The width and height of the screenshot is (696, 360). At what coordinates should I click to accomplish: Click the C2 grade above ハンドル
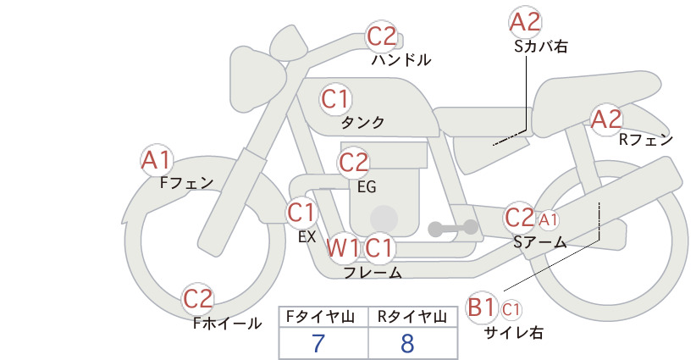[x=382, y=36]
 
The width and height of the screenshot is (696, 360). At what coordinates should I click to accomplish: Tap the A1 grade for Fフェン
[x=157, y=159]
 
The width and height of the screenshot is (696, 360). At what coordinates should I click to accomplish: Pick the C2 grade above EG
[x=354, y=161]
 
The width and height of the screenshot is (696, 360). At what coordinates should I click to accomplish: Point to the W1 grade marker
[x=343, y=248]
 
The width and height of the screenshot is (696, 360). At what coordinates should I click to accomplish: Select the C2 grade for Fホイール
[x=199, y=299]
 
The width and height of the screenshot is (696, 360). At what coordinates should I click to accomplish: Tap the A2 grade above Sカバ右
[x=526, y=22]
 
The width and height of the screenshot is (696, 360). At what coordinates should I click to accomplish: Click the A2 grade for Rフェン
[x=606, y=119]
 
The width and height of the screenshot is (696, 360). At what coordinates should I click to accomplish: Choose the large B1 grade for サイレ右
[x=482, y=306]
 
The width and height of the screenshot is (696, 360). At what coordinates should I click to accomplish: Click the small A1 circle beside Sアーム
[x=549, y=219]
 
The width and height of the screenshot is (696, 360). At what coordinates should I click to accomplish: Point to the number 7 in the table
[x=318, y=344]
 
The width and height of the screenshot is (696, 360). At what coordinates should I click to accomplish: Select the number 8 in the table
[x=408, y=344]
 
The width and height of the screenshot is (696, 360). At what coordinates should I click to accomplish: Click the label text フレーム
[x=373, y=273]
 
